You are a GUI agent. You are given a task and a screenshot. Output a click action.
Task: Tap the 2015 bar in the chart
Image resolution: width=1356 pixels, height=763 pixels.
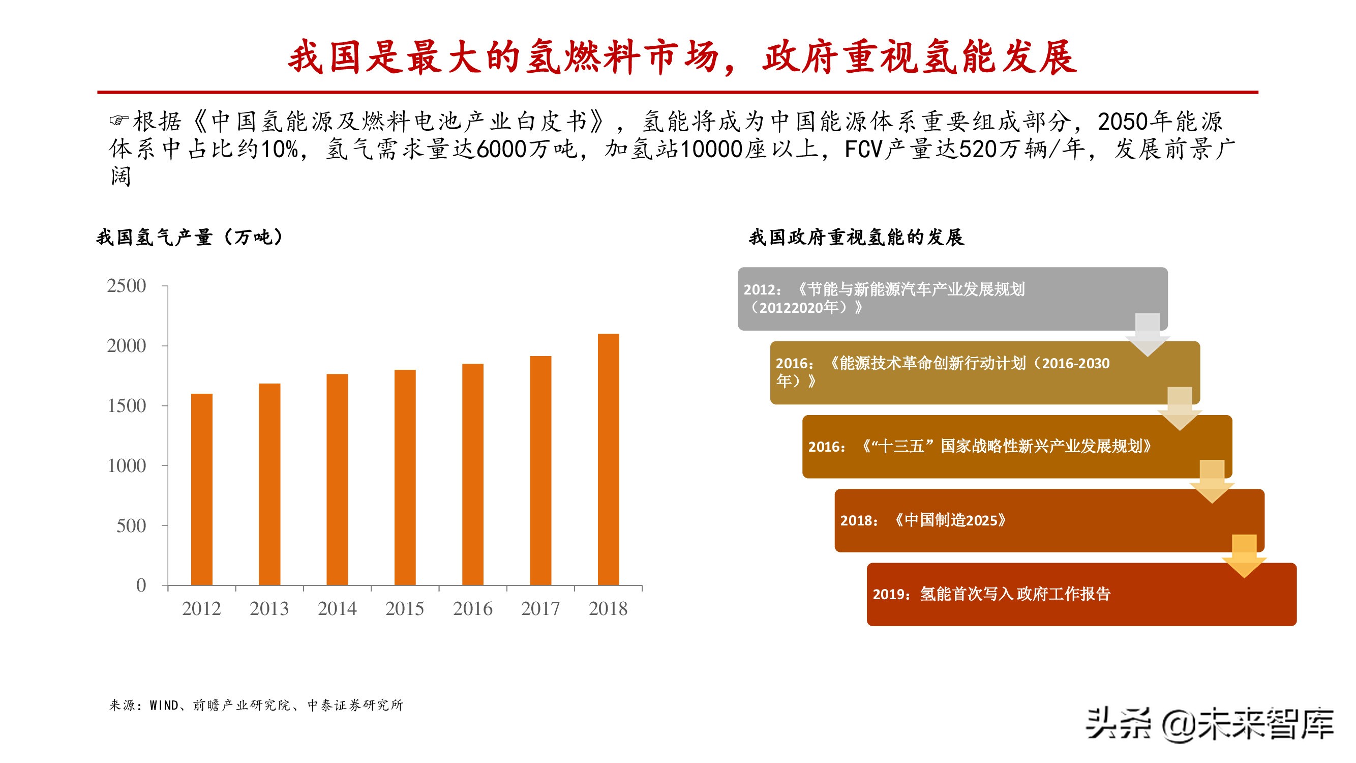pyautogui.click(x=405, y=477)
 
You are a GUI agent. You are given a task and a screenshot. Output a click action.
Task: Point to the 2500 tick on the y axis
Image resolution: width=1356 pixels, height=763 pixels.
pyautogui.click(x=126, y=286)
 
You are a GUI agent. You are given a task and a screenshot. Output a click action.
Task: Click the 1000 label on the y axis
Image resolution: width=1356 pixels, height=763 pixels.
pyautogui.click(x=126, y=465)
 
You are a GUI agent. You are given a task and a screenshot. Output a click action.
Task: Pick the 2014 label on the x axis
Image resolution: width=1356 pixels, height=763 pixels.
pyautogui.click(x=337, y=609)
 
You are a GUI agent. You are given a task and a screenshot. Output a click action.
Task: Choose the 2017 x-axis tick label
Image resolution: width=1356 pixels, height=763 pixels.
pyautogui.click(x=540, y=609)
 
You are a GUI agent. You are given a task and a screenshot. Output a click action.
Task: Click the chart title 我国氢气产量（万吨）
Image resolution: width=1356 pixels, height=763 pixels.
pyautogui.click(x=190, y=238)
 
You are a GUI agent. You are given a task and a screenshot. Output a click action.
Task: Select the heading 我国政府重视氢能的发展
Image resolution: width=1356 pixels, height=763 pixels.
pyautogui.click(x=856, y=238)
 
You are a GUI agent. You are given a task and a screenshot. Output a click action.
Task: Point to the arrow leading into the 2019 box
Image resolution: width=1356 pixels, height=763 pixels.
pyautogui.click(x=1244, y=555)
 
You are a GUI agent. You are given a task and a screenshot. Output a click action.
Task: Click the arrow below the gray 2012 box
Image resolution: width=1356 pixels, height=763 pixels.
pyautogui.click(x=1148, y=335)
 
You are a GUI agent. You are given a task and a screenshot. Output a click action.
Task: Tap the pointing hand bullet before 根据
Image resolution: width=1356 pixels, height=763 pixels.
pyautogui.click(x=118, y=121)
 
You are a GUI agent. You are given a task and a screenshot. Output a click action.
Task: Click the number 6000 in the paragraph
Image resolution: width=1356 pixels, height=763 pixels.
pyautogui.click(x=501, y=150)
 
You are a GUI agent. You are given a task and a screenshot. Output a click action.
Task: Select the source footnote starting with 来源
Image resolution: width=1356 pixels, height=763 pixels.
pyautogui.click(x=256, y=705)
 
